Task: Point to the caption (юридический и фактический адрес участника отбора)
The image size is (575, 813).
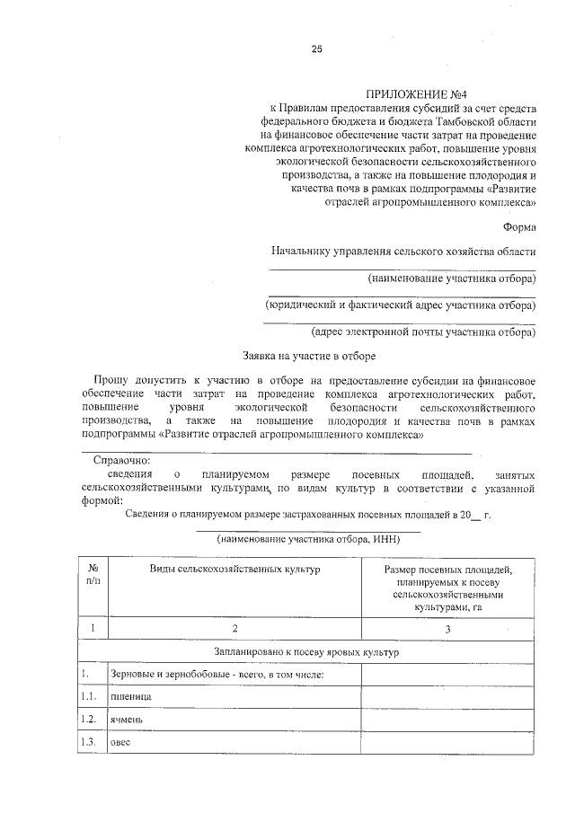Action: point(399,305)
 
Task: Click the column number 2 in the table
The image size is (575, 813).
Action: point(234,629)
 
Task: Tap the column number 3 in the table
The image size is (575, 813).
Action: point(447,629)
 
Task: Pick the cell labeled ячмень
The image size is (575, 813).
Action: point(126,720)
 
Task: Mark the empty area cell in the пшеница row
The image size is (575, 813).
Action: point(447,696)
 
